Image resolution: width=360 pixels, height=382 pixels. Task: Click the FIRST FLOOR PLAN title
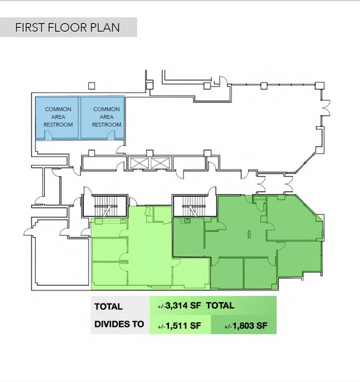point(68,27)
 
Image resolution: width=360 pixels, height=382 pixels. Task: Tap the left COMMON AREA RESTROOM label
point(58,117)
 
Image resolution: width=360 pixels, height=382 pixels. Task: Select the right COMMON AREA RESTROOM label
point(107,117)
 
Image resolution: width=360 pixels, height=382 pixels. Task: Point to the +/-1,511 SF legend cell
point(180,325)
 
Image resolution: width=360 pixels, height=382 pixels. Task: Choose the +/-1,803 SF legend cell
point(244,325)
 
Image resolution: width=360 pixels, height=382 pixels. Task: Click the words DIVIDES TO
point(119,324)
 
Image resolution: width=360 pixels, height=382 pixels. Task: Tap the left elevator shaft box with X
point(139,163)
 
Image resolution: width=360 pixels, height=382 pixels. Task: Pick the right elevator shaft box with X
point(160,163)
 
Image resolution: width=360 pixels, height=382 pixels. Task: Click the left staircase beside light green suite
point(105,205)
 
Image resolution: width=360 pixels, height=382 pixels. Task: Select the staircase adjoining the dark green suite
point(194,205)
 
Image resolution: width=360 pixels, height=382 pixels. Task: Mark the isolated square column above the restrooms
point(92,86)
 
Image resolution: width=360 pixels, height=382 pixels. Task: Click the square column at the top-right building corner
point(319,86)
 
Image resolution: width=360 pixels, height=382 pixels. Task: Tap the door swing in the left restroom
point(48,135)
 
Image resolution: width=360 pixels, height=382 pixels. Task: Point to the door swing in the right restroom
point(111,135)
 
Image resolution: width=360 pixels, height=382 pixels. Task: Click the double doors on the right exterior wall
point(326,108)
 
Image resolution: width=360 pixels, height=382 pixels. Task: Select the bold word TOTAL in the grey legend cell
point(109,307)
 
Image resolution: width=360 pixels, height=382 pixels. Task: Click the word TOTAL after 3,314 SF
point(220,305)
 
